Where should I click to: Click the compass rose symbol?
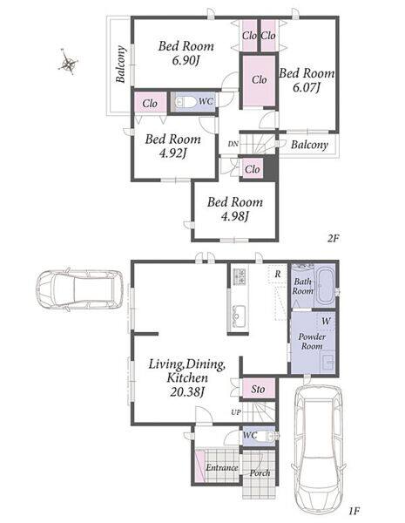click(x=68, y=63)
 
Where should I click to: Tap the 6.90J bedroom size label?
click(x=186, y=61)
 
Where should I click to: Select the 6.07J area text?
click(x=307, y=88)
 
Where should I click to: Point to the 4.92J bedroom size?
click(x=172, y=153)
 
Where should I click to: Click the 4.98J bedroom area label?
click(x=235, y=216)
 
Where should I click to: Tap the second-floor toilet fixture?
click(x=186, y=102)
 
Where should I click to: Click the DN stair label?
click(x=233, y=144)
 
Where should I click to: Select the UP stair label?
click(x=236, y=412)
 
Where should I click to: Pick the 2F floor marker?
click(x=333, y=238)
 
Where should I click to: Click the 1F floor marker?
click(x=354, y=510)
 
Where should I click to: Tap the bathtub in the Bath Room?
click(x=324, y=286)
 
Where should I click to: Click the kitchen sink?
click(x=237, y=316)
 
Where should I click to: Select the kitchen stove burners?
click(x=239, y=276)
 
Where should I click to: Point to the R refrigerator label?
click(x=278, y=275)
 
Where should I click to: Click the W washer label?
click(x=326, y=321)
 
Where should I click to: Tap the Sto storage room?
click(x=258, y=389)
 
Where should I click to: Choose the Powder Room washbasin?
click(x=328, y=363)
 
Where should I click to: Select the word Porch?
click(x=260, y=473)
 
